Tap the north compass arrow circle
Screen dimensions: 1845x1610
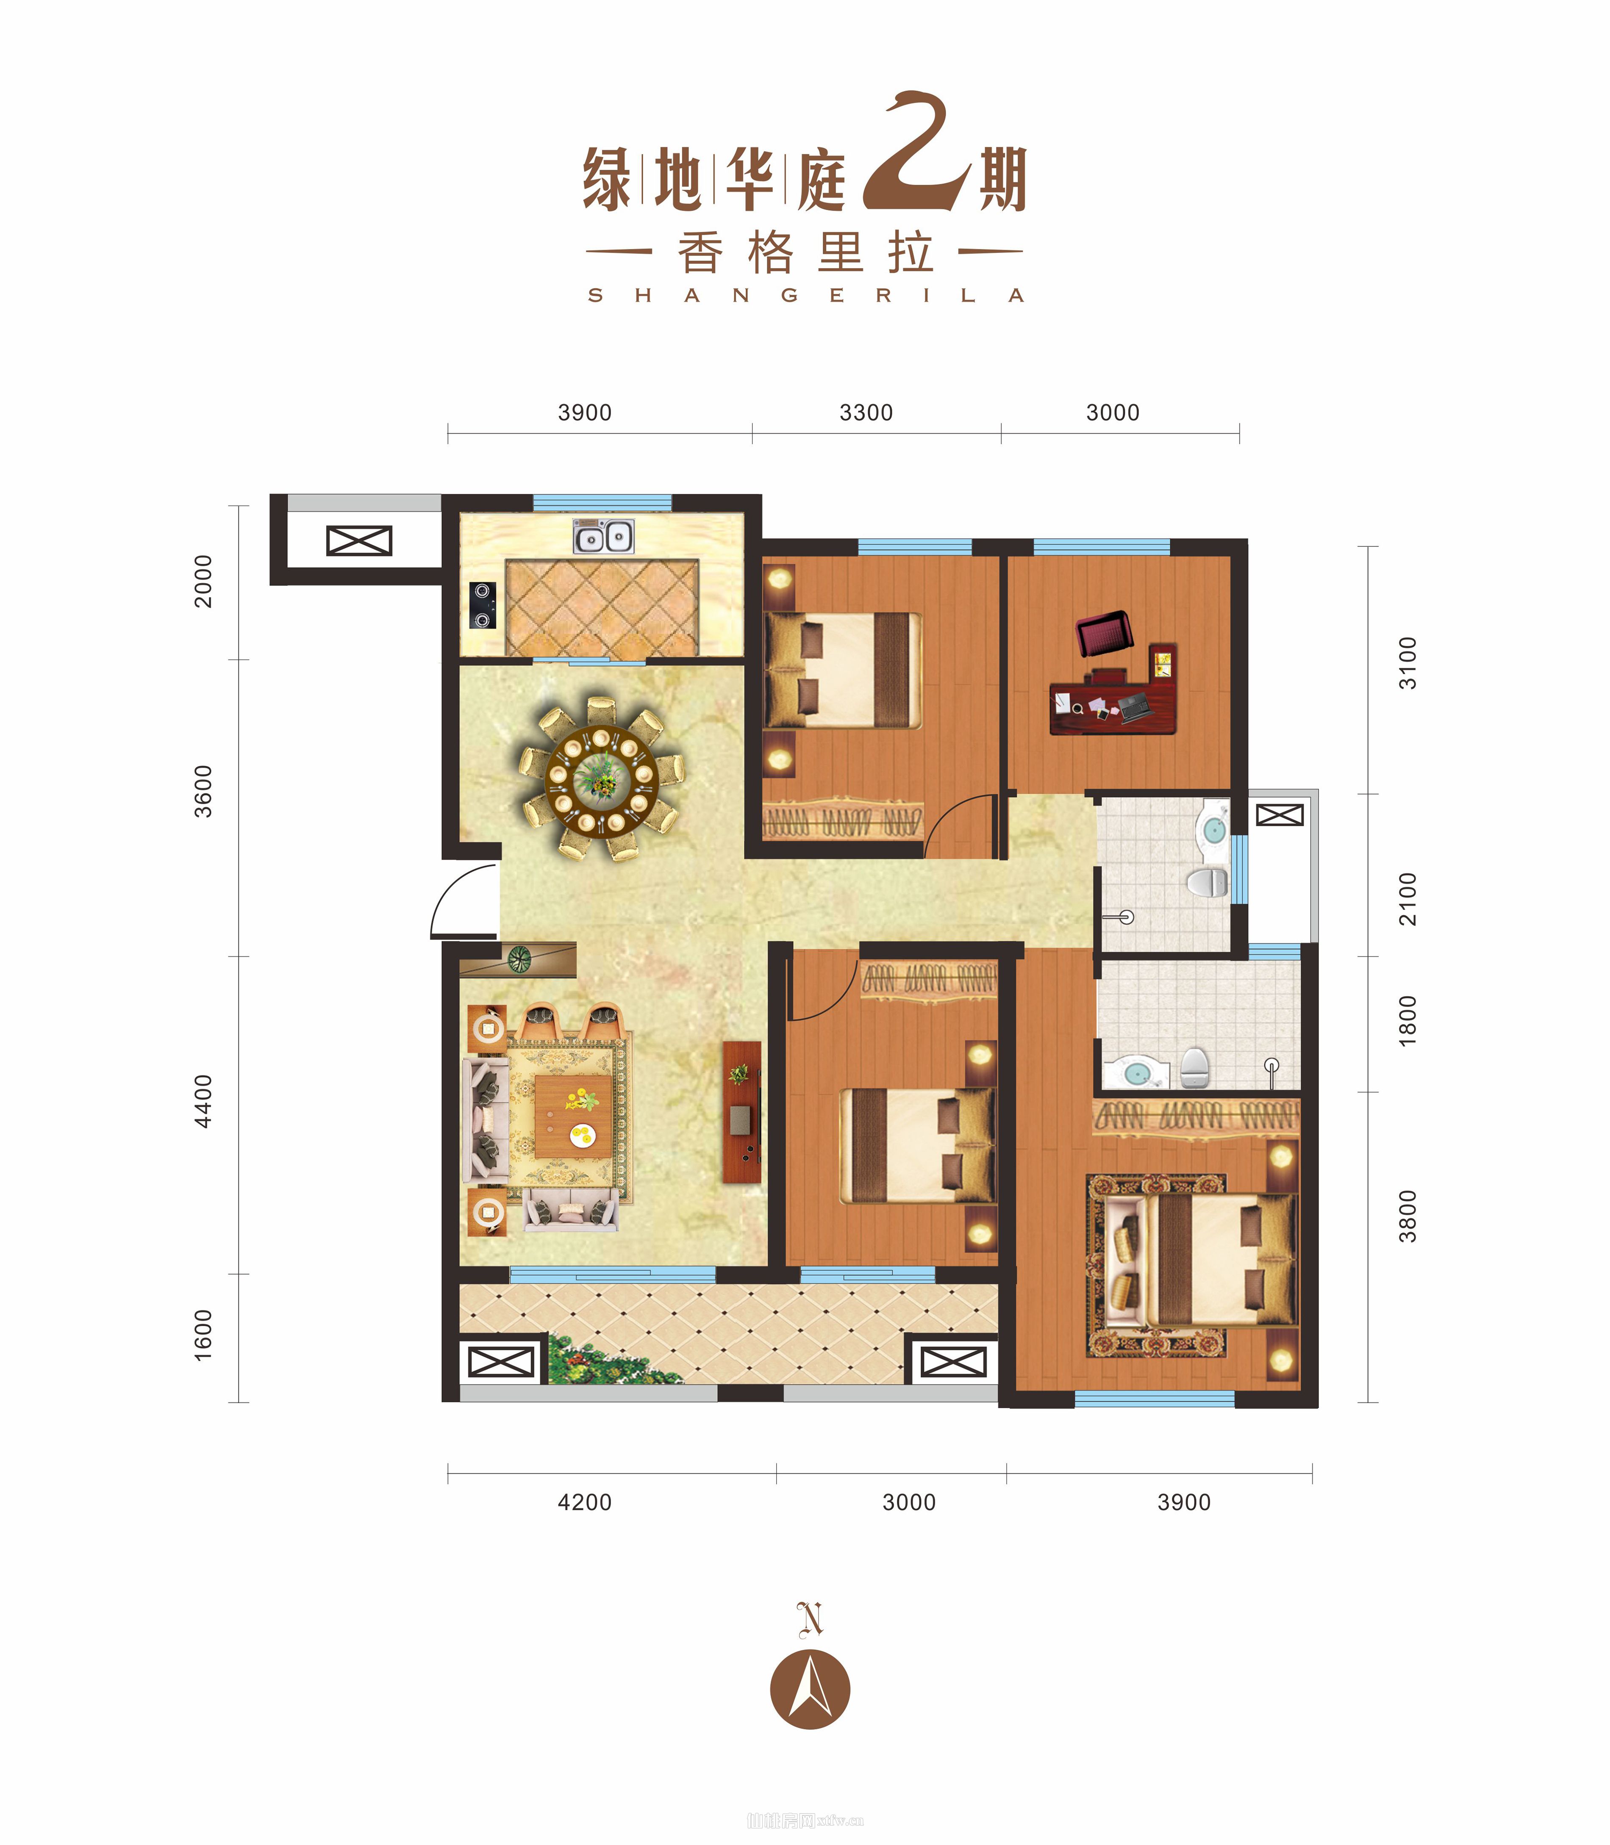811,1689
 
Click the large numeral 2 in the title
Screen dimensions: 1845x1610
916,153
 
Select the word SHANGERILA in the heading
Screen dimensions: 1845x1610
805,296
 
